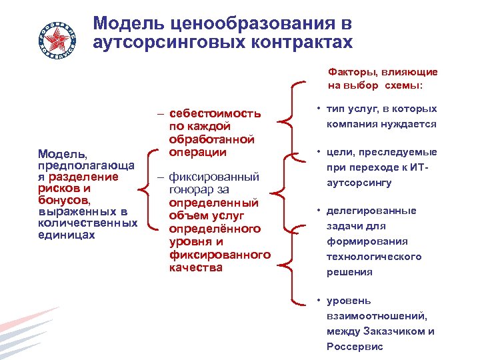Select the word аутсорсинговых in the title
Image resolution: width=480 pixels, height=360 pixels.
point(173,43)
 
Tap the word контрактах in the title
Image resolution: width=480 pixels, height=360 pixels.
point(305,43)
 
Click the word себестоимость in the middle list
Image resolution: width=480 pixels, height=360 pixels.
point(214,113)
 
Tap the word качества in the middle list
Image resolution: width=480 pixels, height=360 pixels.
point(195,267)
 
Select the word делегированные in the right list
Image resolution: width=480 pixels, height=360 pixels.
point(371,211)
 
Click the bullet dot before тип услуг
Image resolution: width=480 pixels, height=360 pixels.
point(320,109)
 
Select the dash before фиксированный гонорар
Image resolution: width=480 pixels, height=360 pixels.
point(161,178)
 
